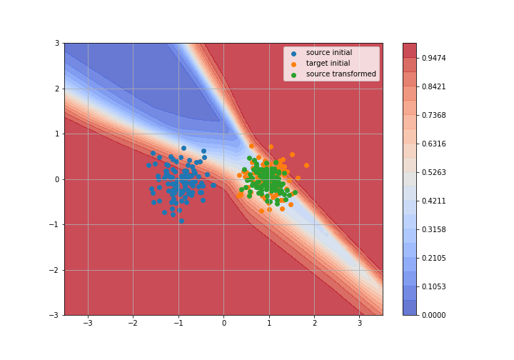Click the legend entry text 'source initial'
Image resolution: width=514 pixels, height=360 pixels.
tap(329, 52)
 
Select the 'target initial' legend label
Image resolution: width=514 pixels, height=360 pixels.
tap(328, 64)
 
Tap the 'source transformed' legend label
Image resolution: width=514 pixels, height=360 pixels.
tap(341, 74)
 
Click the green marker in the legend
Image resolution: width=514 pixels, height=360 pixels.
tap(293, 75)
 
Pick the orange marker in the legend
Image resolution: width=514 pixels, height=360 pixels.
tap(293, 64)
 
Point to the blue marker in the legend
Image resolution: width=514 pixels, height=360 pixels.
tap(293, 54)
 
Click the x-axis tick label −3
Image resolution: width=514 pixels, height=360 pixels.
tap(88, 324)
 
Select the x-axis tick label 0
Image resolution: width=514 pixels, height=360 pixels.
tap(224, 324)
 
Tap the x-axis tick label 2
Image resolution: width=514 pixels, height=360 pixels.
tap(315, 324)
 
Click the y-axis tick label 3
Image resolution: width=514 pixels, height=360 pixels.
tap(57, 44)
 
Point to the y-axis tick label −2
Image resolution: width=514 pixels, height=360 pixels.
tap(54, 270)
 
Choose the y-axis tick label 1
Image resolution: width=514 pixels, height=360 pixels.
tap(57, 134)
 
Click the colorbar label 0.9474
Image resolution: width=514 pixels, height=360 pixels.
tap(434, 58)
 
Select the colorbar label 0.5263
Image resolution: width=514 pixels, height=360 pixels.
tap(434, 172)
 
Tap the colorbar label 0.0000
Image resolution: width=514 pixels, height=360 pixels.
tap(434, 315)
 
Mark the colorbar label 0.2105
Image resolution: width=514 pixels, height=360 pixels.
tap(434, 258)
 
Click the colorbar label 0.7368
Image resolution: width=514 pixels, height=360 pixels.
tap(434, 115)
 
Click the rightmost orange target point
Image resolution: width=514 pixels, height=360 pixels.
tap(306, 166)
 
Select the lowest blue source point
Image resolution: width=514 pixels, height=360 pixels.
tap(181, 221)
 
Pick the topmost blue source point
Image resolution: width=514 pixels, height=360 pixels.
tap(184, 148)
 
